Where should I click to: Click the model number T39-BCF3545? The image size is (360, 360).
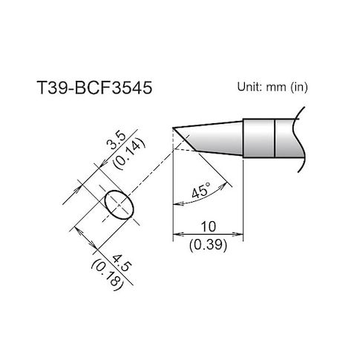click(x=94, y=88)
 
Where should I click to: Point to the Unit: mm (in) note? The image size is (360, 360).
click(x=272, y=87)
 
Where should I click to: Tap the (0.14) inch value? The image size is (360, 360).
click(x=128, y=155)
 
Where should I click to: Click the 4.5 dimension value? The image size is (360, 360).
click(x=121, y=264)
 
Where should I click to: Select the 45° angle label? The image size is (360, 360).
click(x=201, y=190)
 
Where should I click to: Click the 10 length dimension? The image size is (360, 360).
click(x=209, y=226)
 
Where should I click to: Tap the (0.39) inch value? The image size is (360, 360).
click(x=208, y=246)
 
